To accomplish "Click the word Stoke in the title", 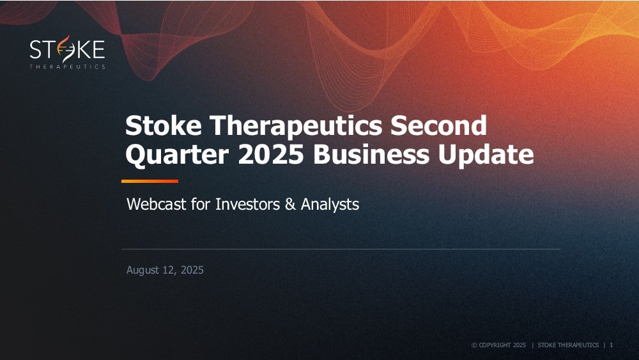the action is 164,125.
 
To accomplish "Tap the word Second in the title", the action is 438,125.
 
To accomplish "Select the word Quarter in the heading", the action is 177,155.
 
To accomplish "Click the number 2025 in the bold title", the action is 271,154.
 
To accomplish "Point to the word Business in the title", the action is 371,154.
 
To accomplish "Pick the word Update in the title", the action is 486,155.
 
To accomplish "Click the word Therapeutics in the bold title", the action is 296,126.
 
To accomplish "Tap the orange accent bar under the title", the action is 150,181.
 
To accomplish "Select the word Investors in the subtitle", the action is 247,204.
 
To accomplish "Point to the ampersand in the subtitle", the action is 290,204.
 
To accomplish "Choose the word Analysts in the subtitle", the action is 330,205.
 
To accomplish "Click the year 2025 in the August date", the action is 192,270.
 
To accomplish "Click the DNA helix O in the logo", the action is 66,49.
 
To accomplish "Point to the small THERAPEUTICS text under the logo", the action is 67,67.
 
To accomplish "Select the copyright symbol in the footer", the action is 474,345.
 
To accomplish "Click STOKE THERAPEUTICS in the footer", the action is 568,345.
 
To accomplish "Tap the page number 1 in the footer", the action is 612,345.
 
